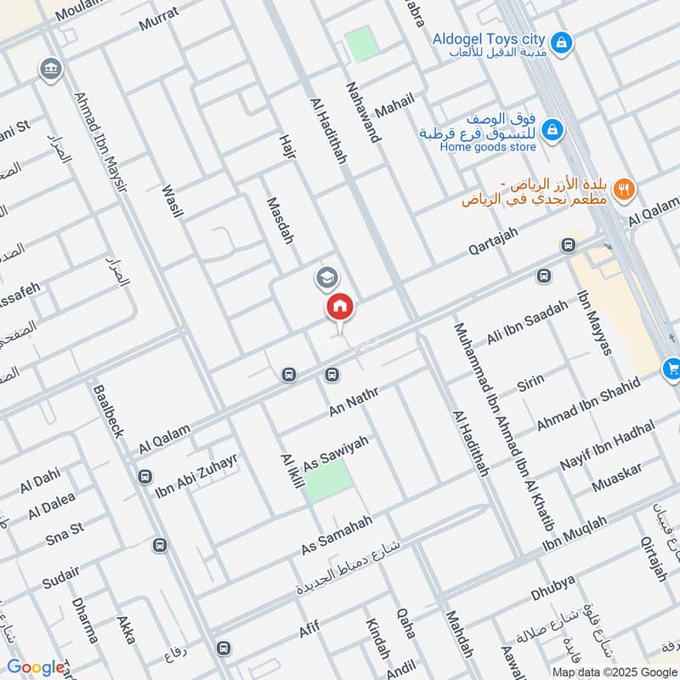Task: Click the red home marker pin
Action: coord(339,307)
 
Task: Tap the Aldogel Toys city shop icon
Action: coord(560,40)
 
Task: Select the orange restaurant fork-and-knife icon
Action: coord(625,189)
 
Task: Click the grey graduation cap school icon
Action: coord(326,277)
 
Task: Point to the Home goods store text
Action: coord(487,147)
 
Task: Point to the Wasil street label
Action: coord(173,197)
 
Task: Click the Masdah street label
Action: coord(280,221)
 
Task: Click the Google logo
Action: coord(36,667)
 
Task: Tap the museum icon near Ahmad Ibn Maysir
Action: coord(52,69)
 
